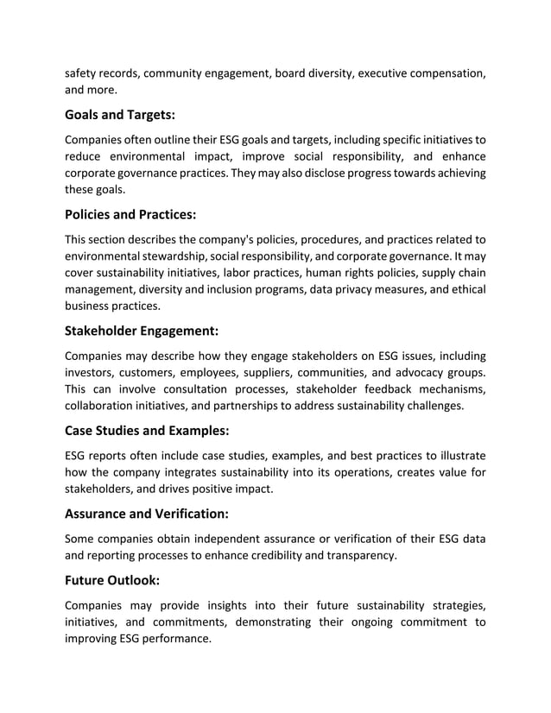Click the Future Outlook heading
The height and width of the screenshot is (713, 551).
[112, 581]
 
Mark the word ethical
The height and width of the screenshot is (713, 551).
[465, 289]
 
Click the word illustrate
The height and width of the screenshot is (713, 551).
[459, 456]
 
